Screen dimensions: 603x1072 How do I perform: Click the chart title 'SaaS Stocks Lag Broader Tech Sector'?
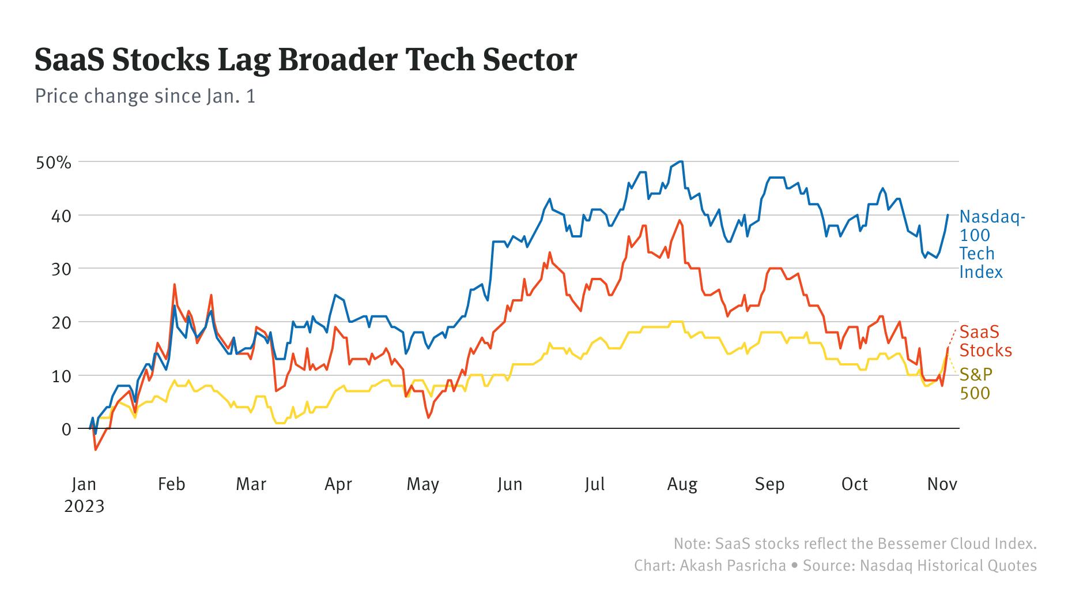click(x=305, y=61)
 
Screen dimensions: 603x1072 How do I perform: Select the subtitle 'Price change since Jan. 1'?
click(x=145, y=96)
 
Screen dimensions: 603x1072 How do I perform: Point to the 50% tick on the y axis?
click(x=54, y=163)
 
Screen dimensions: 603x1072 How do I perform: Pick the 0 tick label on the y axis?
click(x=66, y=429)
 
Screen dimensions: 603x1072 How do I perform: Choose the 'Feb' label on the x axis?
click(x=171, y=484)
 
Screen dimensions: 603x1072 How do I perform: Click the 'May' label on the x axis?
click(x=422, y=484)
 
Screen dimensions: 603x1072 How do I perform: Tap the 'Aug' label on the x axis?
click(x=682, y=484)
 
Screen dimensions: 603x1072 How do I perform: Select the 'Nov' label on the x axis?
click(x=942, y=484)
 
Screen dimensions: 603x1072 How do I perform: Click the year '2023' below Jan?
click(x=84, y=507)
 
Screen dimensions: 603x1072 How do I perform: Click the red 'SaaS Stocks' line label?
click(x=986, y=341)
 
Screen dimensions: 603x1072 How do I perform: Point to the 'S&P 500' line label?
click(x=975, y=384)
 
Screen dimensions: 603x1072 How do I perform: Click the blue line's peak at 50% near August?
click(x=681, y=161)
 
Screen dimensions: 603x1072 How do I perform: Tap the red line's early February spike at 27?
click(x=174, y=284)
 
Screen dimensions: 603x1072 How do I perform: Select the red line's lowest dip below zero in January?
click(x=96, y=450)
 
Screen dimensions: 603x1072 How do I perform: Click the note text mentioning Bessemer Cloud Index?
click(x=855, y=544)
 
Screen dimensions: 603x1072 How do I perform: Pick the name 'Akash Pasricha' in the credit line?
click(x=733, y=566)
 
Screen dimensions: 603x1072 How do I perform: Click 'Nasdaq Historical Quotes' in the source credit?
click(x=948, y=566)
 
